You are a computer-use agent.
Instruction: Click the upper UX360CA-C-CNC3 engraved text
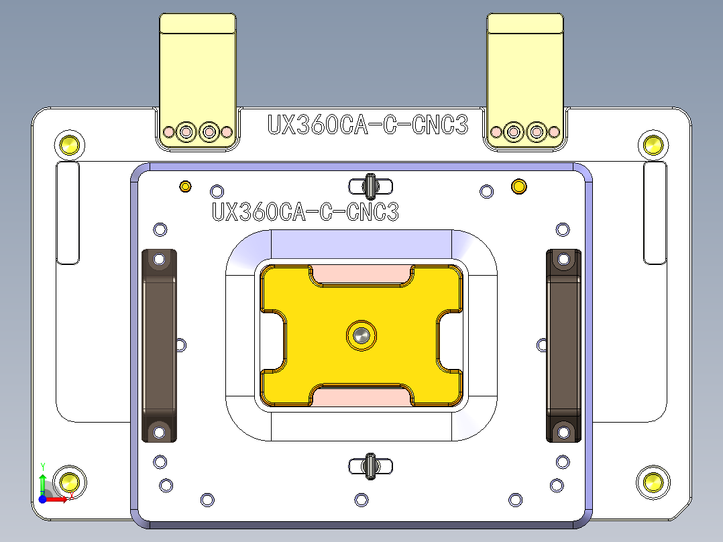tap(367, 125)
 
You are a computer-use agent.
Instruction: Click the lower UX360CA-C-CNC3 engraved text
tap(305, 212)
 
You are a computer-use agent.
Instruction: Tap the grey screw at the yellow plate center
tap(361, 335)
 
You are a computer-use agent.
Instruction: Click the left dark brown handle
tap(160, 345)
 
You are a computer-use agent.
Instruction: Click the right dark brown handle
tap(563, 345)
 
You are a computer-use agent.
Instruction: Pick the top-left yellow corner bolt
tap(69, 144)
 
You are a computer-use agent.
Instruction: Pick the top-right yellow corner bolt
tap(653, 144)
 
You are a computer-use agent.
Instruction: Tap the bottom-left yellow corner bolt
tap(69, 481)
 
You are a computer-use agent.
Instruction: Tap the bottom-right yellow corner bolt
tap(653, 481)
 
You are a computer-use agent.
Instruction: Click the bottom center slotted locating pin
tap(370, 466)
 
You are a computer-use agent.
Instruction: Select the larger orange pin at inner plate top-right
tap(518, 186)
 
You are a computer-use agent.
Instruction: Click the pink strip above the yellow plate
tap(361, 274)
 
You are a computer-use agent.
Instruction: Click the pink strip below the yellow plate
tap(361, 397)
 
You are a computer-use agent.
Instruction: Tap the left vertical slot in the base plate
tap(68, 213)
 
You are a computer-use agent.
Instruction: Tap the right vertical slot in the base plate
tap(655, 213)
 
